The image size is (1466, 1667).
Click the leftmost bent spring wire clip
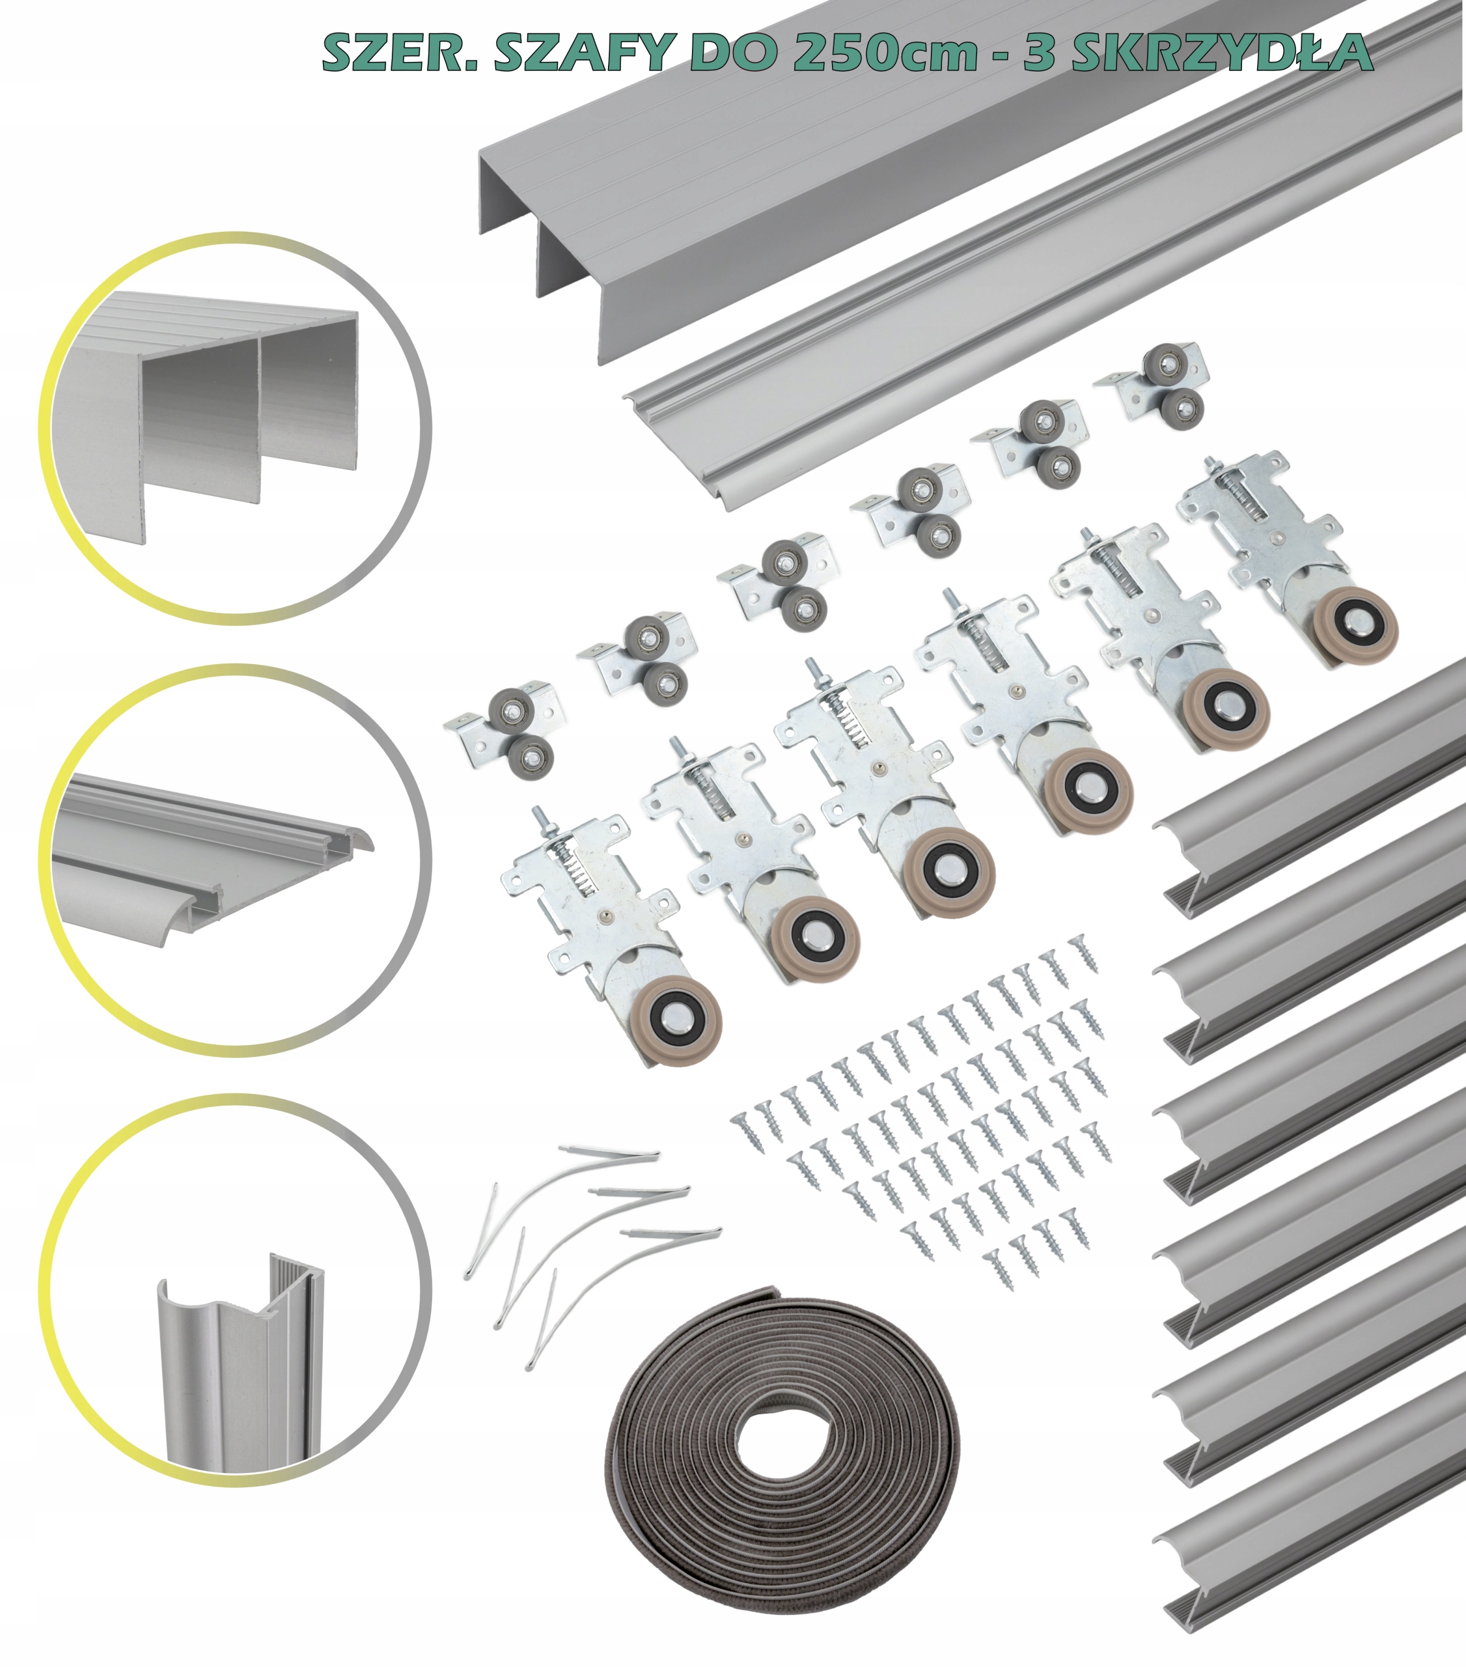click(x=481, y=1232)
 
